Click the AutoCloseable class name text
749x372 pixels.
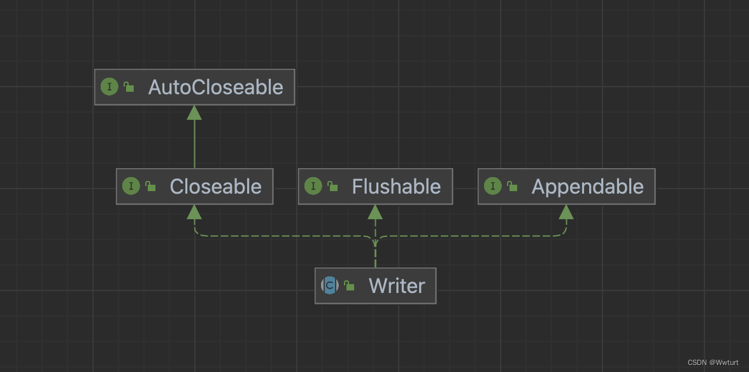tap(215, 87)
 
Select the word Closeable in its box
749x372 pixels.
tap(215, 187)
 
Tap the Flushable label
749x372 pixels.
tap(396, 187)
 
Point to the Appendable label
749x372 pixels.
tap(587, 187)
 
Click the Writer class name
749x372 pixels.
tap(397, 286)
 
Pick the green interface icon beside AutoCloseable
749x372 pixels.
tap(110, 87)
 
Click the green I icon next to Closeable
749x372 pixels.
tap(131, 187)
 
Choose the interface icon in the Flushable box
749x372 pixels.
tap(313, 187)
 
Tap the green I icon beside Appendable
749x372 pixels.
tap(492, 187)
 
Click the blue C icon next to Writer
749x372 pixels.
tap(329, 286)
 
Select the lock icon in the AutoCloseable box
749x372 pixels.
tap(129, 87)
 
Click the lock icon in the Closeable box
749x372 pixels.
tap(150, 187)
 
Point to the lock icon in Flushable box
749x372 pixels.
tap(332, 187)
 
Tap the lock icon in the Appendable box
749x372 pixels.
tap(512, 187)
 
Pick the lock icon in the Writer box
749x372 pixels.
tap(349, 286)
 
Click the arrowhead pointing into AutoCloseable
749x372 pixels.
tap(194, 113)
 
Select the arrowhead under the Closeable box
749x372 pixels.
tap(194, 212)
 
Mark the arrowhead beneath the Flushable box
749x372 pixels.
tap(375, 212)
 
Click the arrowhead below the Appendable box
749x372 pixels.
tap(566, 212)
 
